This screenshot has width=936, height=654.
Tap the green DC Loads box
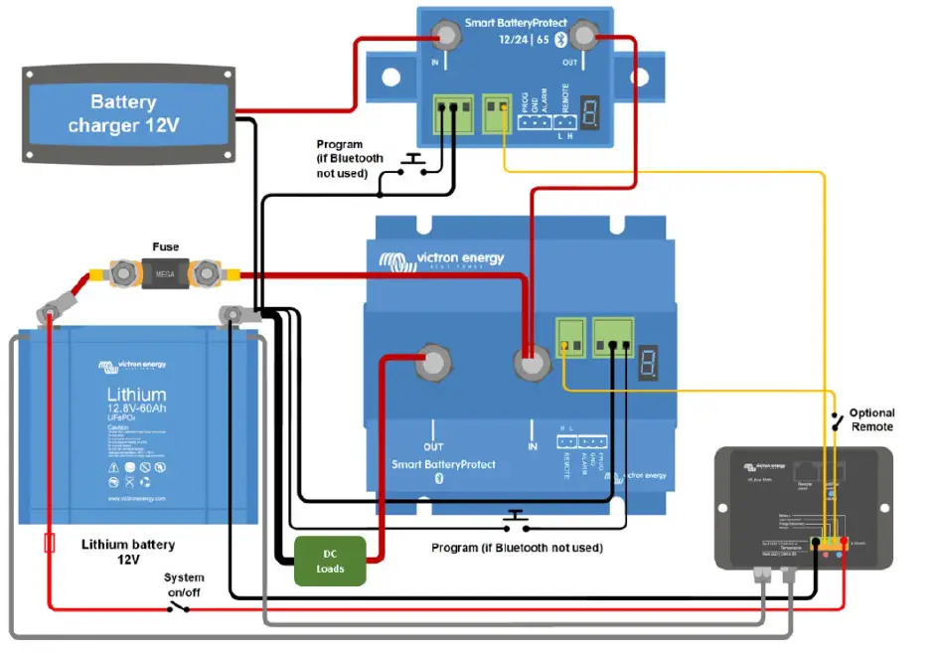pos(331,561)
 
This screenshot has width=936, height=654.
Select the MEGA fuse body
pos(165,270)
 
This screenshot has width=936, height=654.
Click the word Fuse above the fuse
pos(166,245)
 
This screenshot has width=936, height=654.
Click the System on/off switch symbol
pos(179,604)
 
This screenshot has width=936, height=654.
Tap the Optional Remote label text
pos(870,419)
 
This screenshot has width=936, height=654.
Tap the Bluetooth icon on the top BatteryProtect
pos(559,39)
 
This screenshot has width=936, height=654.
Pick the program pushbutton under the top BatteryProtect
pos(410,162)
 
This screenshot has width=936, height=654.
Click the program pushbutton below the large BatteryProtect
pos(514,519)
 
